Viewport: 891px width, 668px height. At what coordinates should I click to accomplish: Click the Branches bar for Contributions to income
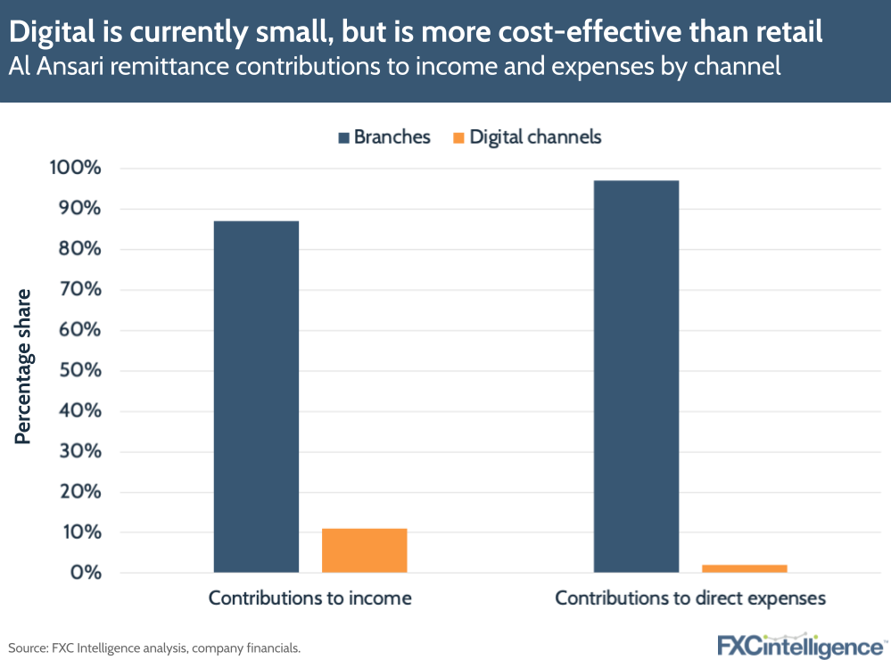(256, 396)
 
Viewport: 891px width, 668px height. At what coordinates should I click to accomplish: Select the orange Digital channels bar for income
(364, 550)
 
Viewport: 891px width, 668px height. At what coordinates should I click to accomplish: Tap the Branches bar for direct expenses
(636, 376)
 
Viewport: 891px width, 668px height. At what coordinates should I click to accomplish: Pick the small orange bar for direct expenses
(744, 568)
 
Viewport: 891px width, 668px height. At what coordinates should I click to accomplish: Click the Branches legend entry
(384, 137)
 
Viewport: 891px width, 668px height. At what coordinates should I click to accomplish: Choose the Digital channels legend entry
(527, 137)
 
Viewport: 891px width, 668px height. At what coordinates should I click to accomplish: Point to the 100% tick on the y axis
(75, 169)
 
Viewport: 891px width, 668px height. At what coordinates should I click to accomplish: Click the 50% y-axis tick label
(79, 371)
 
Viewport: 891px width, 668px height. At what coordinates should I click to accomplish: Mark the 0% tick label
(84, 573)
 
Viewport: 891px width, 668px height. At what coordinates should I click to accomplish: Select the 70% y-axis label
(79, 290)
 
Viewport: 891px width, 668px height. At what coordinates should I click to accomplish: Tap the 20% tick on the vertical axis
(79, 492)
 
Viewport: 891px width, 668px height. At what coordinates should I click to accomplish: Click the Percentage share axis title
(24, 367)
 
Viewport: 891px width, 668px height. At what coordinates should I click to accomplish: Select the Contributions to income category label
(309, 598)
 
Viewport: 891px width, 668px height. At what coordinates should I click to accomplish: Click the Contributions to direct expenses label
(689, 598)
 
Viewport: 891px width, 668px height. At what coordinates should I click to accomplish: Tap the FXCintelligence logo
(801, 645)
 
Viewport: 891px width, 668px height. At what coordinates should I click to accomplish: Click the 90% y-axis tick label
(79, 209)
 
